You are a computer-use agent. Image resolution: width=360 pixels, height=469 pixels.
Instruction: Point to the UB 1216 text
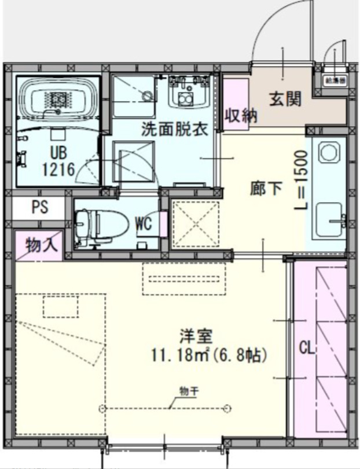coord(58,162)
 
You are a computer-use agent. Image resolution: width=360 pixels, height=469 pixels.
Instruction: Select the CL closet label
coord(307,348)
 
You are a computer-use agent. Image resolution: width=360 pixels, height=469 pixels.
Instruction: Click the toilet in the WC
coord(97,223)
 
